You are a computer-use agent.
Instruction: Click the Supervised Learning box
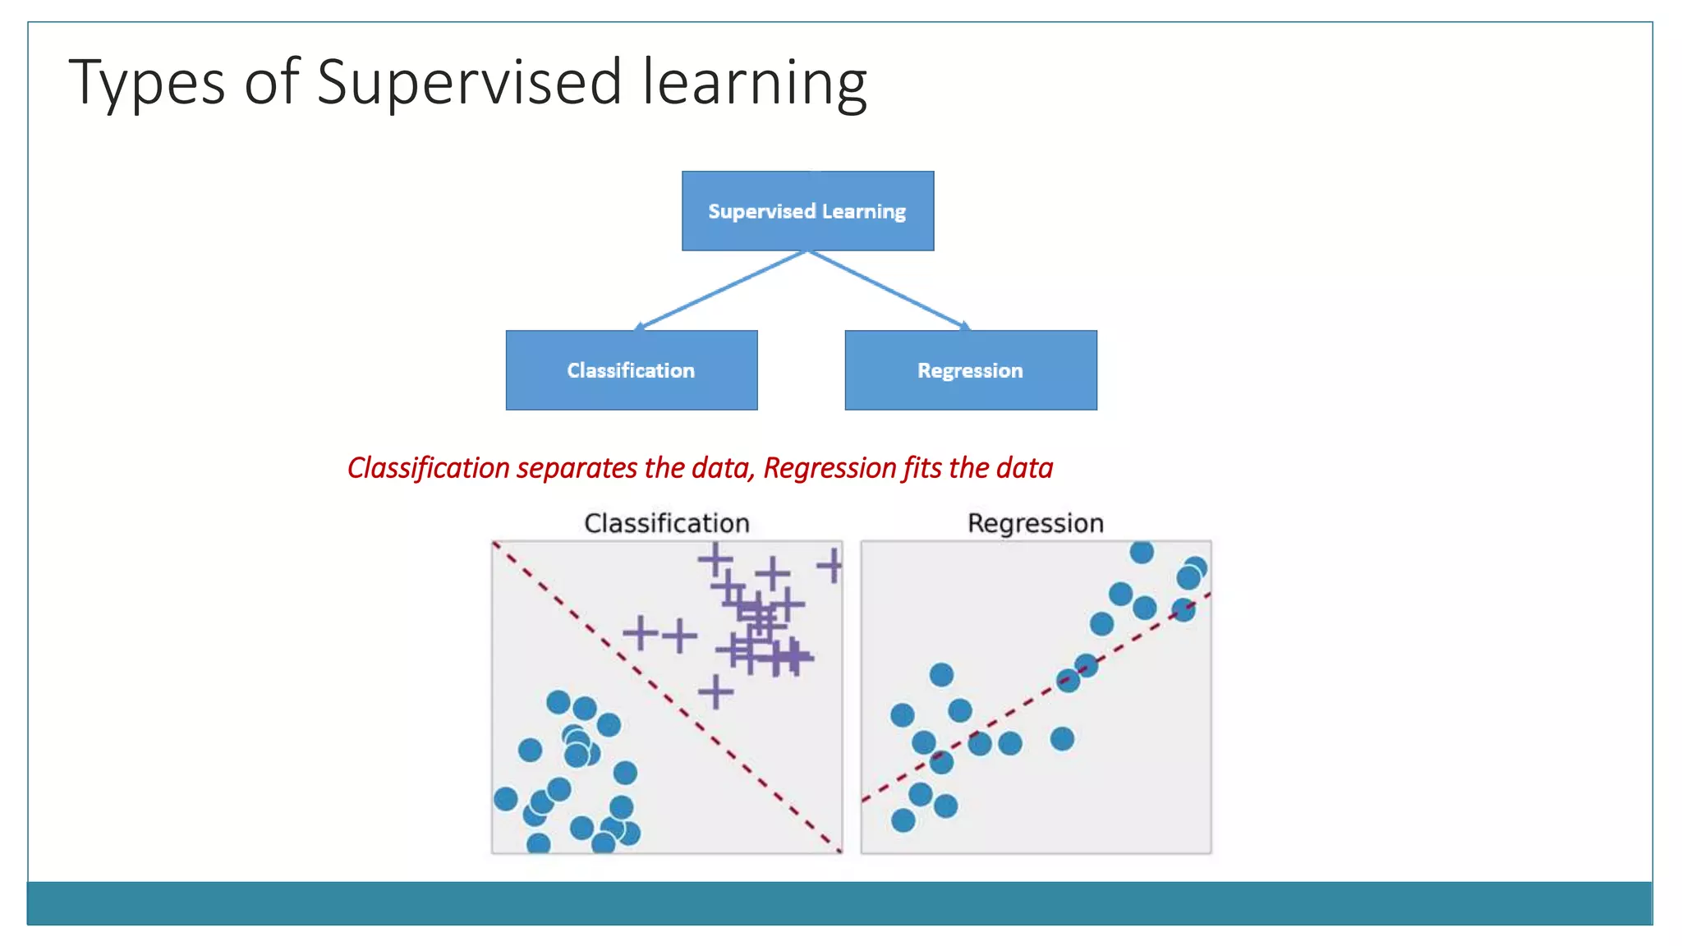(x=807, y=211)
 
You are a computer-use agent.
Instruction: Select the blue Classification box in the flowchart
(x=631, y=370)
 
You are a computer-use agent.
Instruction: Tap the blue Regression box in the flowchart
(x=970, y=370)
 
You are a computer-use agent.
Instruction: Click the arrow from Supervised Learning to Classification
(x=721, y=290)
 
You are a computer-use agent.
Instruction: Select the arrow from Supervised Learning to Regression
(x=889, y=290)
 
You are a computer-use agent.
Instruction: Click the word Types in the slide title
(x=146, y=83)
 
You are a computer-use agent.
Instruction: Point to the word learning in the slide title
(x=754, y=83)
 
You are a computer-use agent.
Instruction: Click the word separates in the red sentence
(x=577, y=468)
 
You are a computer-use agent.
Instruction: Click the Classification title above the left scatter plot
(x=666, y=523)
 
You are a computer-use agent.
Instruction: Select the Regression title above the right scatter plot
(x=1035, y=523)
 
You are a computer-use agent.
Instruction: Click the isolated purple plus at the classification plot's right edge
(x=831, y=566)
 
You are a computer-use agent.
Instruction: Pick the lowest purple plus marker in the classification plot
(x=715, y=691)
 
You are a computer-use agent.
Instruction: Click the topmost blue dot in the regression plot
(x=1141, y=552)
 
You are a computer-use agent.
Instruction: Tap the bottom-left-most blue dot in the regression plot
(x=903, y=820)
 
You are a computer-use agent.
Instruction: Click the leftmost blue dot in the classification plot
(x=506, y=798)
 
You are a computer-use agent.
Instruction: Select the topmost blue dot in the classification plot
(x=558, y=702)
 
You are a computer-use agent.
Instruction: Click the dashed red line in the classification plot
(x=667, y=696)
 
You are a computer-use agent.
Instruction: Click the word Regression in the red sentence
(x=830, y=468)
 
